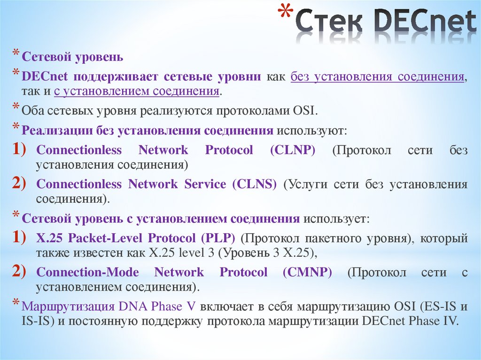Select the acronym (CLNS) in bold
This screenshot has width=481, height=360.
254,184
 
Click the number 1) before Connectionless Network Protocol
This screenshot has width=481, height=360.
22,150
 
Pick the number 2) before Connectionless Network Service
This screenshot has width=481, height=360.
22,184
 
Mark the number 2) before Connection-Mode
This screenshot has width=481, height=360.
22,272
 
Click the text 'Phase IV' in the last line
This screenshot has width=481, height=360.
440,322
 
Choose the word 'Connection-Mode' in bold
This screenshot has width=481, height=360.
87,272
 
